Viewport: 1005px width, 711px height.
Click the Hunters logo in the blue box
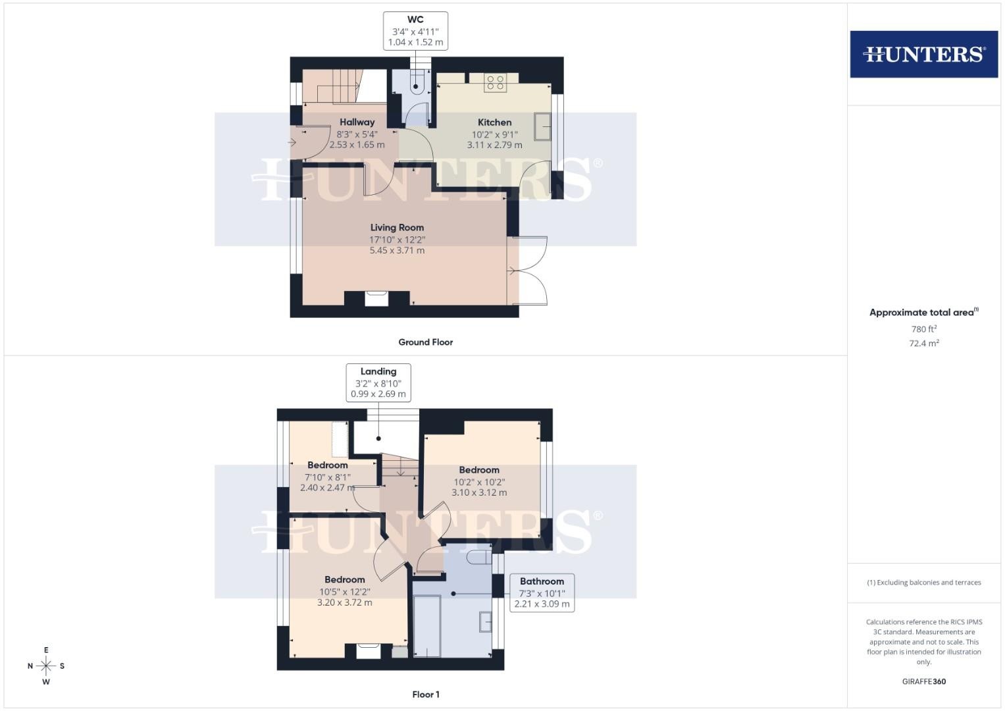pos(924,54)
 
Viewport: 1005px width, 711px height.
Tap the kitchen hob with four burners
pos(495,82)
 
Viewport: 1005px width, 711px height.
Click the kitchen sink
pos(542,127)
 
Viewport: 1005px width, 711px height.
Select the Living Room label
pos(397,228)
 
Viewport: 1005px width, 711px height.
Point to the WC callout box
pos(415,31)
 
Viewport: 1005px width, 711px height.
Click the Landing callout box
pos(378,382)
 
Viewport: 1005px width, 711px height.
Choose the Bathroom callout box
pos(542,592)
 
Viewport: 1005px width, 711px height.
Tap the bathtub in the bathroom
pos(426,625)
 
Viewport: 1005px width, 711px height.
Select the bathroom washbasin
pos(486,621)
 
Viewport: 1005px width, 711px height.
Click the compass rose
pos(46,666)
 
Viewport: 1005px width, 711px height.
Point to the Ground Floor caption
pos(425,342)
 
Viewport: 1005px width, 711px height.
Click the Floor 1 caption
pos(426,695)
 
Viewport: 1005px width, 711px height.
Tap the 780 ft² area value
pos(924,329)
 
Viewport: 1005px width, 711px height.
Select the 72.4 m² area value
pos(924,343)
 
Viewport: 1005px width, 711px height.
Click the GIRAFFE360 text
pos(924,681)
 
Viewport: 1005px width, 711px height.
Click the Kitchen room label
pos(494,122)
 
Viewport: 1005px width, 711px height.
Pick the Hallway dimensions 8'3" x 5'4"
pos(357,134)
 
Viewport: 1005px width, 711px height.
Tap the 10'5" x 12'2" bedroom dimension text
pos(345,592)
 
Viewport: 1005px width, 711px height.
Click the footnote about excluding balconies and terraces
pos(924,582)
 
